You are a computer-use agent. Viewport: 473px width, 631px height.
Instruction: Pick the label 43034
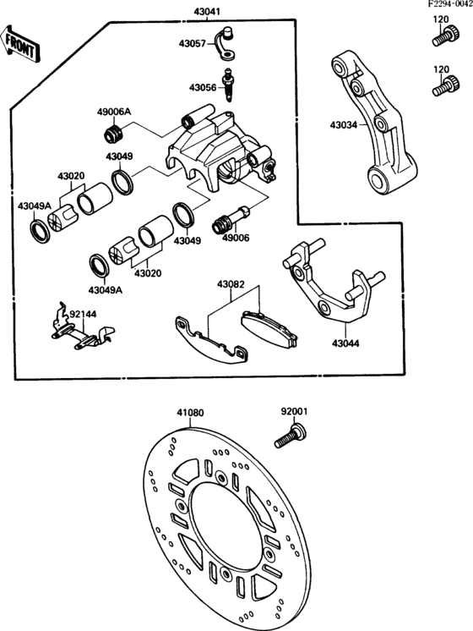click(344, 125)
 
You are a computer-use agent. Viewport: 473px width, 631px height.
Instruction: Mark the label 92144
click(83, 313)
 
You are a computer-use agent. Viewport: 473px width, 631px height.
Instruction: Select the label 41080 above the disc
click(190, 414)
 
